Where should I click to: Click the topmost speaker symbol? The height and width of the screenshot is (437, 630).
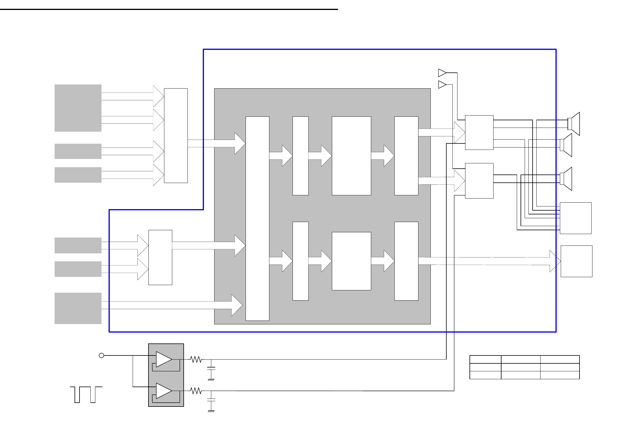point(574,124)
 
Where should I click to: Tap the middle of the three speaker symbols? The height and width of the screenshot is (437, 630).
point(566,145)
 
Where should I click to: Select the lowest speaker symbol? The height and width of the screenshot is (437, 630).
point(566,179)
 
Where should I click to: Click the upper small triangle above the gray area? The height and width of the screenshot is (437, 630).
point(442,72)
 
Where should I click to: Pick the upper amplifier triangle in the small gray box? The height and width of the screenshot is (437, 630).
point(163,359)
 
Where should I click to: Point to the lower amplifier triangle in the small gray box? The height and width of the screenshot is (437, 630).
point(163,391)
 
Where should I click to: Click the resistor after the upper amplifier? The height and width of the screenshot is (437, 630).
point(196,359)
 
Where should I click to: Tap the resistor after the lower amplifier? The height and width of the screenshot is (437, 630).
point(196,391)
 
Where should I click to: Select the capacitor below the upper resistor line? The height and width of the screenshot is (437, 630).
point(211,369)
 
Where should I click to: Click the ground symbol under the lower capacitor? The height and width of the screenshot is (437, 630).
point(211,411)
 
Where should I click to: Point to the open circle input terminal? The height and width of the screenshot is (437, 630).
point(102,355)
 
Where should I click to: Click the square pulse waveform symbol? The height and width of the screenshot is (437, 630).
point(86,394)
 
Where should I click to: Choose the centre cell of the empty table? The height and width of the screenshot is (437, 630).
point(520,367)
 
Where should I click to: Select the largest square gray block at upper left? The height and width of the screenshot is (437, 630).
point(78,108)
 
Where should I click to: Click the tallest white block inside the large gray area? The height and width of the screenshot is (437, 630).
point(257,218)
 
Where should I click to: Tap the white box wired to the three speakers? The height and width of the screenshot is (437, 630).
point(575,218)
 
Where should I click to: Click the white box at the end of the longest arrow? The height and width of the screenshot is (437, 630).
point(576,261)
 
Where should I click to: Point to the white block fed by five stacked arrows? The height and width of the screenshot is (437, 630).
point(176,135)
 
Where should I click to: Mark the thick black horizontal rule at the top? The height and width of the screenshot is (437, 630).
point(169,9)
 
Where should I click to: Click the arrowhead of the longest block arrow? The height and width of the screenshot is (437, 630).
point(555,261)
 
